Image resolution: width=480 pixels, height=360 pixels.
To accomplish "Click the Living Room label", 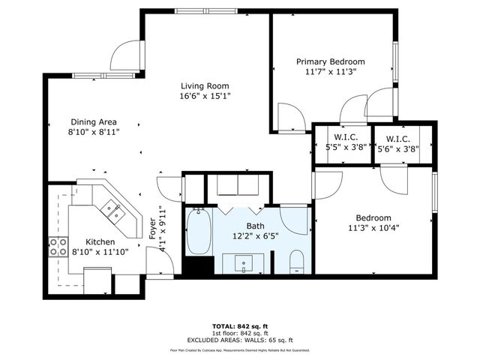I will point(204,85).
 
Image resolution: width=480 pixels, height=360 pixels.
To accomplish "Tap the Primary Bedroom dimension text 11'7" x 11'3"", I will point(330,72).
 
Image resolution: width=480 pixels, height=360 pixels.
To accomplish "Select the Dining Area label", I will point(94,121).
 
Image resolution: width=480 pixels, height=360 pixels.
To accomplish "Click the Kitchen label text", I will point(100,241).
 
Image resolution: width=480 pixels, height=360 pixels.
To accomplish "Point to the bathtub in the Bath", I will point(199,232).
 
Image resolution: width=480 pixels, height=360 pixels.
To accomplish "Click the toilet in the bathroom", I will point(297,261).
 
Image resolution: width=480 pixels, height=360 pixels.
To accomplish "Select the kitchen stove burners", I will point(58,247).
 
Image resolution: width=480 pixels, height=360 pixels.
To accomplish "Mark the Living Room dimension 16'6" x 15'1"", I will point(204,95).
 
